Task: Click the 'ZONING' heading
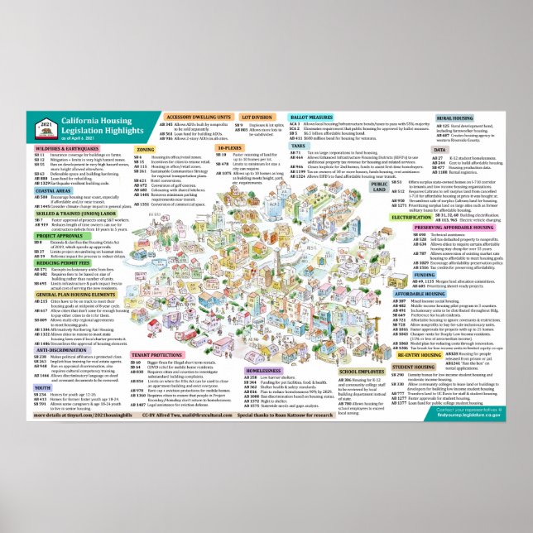point(145,150)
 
